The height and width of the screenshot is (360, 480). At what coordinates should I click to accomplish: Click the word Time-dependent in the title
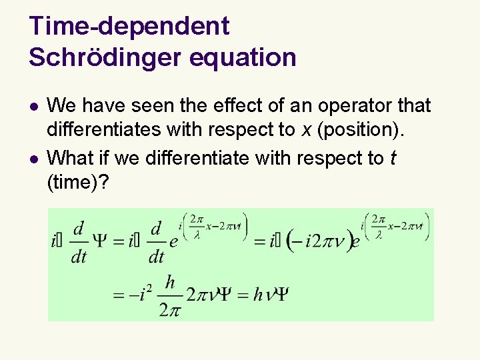click(x=129, y=27)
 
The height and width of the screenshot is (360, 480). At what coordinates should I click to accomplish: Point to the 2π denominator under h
click(x=169, y=309)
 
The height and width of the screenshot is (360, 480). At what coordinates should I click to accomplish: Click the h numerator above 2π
click(x=169, y=283)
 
